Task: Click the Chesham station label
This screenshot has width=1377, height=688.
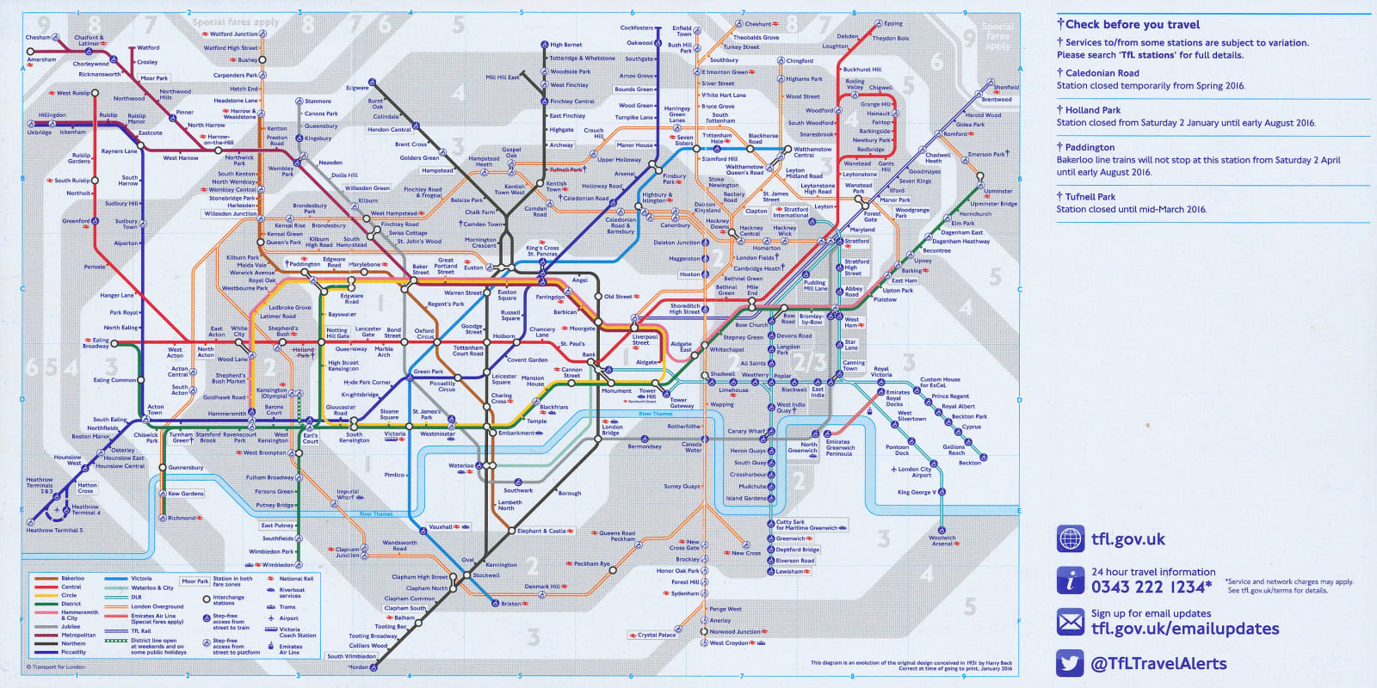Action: click(37, 38)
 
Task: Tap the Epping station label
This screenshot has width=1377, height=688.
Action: click(893, 23)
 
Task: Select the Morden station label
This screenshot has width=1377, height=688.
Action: click(358, 667)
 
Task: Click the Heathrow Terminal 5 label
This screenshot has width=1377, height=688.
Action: click(54, 531)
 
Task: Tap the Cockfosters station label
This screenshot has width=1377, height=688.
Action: click(637, 28)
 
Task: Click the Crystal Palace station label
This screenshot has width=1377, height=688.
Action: click(657, 636)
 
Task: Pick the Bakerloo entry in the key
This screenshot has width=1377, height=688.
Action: click(72, 579)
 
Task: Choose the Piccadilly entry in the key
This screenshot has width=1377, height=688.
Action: click(73, 652)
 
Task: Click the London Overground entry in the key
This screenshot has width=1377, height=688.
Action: click(157, 606)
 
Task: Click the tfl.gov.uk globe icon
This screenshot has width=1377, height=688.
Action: click(1070, 539)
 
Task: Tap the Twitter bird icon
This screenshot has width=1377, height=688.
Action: click(1070, 663)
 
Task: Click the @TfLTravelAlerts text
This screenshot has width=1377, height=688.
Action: click(1158, 663)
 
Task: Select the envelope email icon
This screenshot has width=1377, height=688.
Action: click(1070, 621)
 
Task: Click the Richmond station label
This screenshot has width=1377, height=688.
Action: click(181, 518)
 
